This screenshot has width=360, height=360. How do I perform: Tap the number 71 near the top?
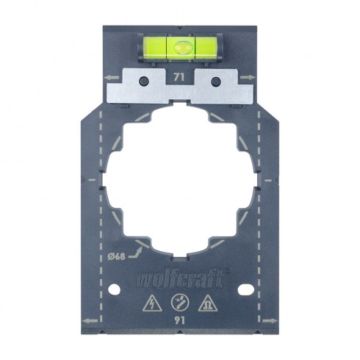click(180, 76)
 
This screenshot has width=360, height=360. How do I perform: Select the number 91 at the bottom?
click(180, 320)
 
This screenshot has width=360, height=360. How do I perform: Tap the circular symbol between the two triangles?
click(180, 301)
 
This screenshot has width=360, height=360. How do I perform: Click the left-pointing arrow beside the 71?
click(109, 75)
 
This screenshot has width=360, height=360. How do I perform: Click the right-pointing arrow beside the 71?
click(251, 75)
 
